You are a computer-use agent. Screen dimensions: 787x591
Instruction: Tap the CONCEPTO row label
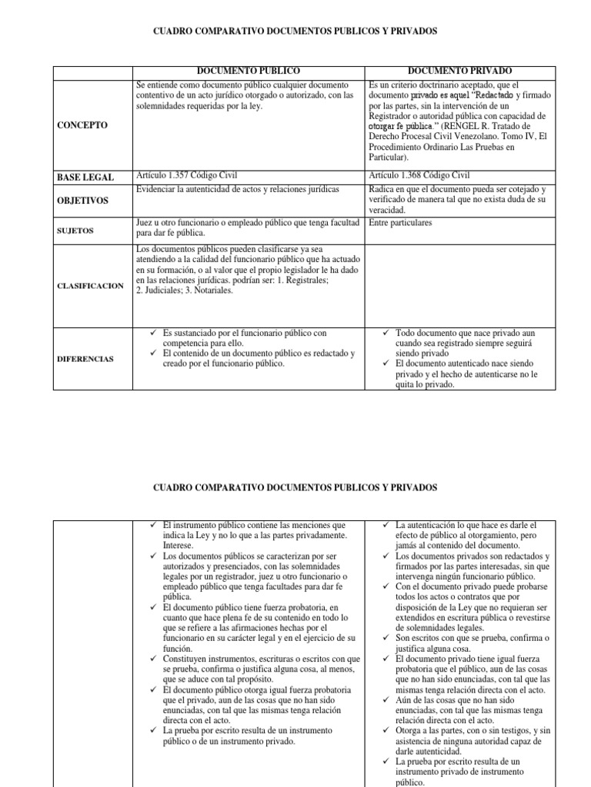(x=83, y=125)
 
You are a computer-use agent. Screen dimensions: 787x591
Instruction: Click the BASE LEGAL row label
(x=85, y=178)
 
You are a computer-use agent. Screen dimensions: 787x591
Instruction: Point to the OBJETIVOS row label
(x=85, y=201)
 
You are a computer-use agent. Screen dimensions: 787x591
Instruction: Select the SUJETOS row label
(x=75, y=230)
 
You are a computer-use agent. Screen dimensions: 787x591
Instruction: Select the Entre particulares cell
(x=400, y=223)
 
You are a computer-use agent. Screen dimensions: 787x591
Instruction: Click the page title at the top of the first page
(x=295, y=32)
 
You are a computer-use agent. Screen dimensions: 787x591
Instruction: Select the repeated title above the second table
(x=295, y=488)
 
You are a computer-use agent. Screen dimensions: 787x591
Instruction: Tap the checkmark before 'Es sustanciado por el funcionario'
(x=154, y=334)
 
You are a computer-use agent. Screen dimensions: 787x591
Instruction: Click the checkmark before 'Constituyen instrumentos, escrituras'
(x=154, y=659)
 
